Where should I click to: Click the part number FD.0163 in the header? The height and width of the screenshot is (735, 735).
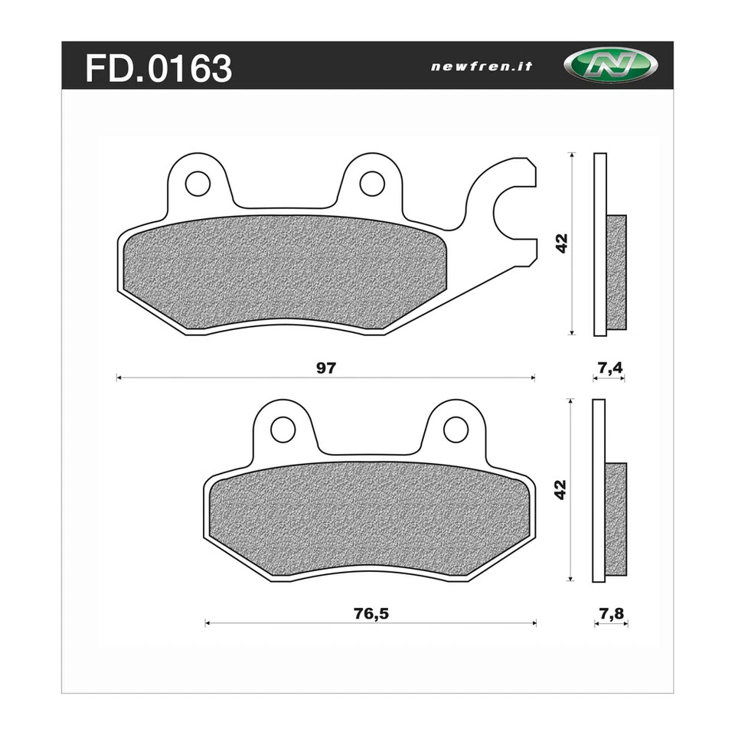click(158, 68)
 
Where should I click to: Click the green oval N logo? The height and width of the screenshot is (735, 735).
click(612, 66)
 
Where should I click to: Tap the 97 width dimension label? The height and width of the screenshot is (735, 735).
click(327, 368)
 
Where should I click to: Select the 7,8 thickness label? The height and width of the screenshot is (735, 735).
click(610, 614)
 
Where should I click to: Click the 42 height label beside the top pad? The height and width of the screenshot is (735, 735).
click(562, 243)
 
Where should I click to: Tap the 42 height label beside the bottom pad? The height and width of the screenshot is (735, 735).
click(561, 489)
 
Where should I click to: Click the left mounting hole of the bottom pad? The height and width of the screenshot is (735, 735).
click(283, 430)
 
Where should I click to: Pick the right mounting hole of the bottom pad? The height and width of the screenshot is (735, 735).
click(456, 430)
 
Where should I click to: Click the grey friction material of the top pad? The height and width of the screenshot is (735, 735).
click(283, 272)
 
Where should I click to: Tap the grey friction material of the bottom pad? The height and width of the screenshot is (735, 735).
click(367, 517)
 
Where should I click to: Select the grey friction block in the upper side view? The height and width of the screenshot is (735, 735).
click(617, 272)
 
